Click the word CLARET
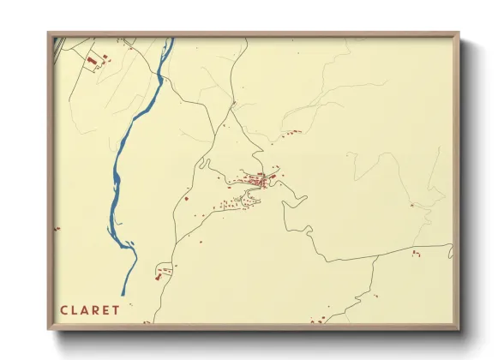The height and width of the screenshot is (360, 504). (x=90, y=309)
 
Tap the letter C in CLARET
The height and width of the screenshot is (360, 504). (x=63, y=309)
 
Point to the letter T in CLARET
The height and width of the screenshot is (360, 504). (x=117, y=309)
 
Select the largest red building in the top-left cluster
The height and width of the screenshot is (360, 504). (x=89, y=61)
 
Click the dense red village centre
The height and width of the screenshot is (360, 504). (x=260, y=180)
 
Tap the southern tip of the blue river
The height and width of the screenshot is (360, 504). (x=123, y=294)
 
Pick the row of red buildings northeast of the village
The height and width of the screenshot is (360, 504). (x=292, y=133)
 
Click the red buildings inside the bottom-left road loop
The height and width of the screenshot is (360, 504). (x=160, y=273)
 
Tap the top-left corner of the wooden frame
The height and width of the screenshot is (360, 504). (x=49, y=34)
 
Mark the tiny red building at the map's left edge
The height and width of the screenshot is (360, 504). (x=57, y=229)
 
